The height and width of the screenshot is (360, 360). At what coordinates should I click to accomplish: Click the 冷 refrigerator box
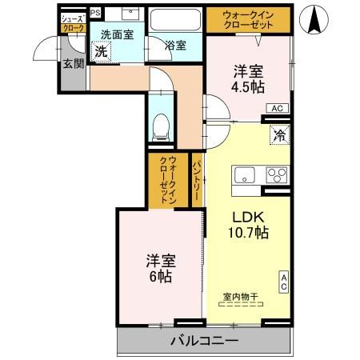tap(280, 136)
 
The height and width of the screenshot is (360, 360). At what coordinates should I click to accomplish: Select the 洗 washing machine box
tap(101, 51)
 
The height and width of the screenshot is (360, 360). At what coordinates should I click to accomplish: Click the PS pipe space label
tap(95, 13)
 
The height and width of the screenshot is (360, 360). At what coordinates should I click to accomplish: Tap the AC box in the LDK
tap(283, 282)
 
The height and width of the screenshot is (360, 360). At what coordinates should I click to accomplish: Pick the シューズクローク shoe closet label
tap(72, 22)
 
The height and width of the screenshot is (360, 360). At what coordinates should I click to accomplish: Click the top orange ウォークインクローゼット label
tap(250, 19)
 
